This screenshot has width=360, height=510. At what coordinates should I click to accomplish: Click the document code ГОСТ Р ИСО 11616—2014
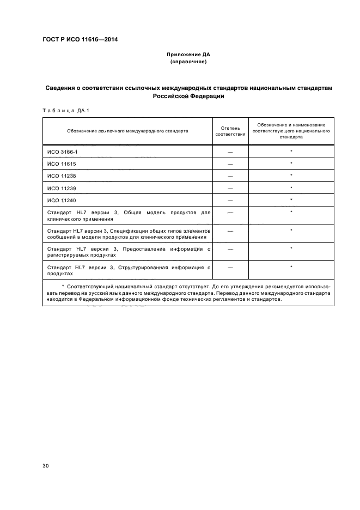pos(80,39)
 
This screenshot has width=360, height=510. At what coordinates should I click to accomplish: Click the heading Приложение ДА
pos(188,55)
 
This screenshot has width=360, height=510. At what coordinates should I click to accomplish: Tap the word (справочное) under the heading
pos(188,62)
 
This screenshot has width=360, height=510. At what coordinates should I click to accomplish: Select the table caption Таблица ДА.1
pos(66,111)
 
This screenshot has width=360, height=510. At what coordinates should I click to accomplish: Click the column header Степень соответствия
pos(230,131)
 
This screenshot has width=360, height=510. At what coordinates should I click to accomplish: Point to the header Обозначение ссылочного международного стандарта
pos(127,131)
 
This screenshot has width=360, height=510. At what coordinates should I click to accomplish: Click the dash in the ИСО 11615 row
pos(230,164)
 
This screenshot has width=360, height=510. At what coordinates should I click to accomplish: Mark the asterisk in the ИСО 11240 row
pos(291,201)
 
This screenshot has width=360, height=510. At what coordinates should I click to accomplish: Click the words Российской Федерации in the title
pos(188,96)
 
